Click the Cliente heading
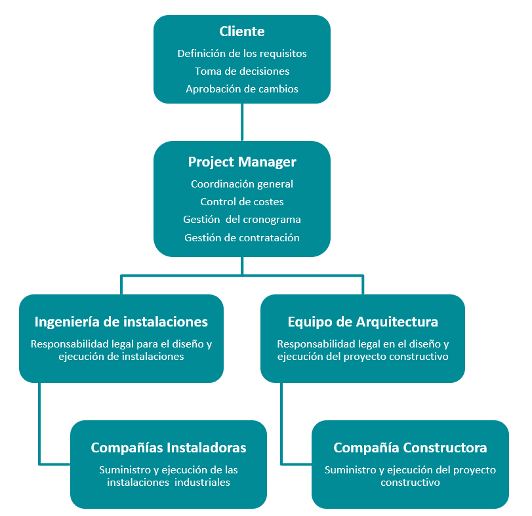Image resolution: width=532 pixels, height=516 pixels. (x=242, y=31)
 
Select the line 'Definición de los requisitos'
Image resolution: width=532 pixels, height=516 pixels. (x=242, y=54)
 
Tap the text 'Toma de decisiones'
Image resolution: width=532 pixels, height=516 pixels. (x=242, y=71)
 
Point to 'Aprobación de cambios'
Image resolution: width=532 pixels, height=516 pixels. (x=242, y=89)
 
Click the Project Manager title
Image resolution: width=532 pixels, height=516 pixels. (x=242, y=162)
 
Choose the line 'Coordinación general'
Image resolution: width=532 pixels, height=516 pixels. (x=242, y=184)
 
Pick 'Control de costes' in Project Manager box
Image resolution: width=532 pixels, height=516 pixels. (x=242, y=202)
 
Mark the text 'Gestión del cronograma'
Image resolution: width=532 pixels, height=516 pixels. (x=242, y=220)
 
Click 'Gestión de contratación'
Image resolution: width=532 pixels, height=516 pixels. (x=242, y=237)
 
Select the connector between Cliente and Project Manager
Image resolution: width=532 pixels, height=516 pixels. (x=242, y=122)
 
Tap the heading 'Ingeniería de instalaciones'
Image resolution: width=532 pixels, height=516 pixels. (x=121, y=322)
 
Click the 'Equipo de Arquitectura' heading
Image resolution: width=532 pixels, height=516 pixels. (x=363, y=322)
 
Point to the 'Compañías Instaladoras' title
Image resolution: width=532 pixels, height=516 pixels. (x=169, y=448)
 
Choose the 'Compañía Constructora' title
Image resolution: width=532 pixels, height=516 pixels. (x=410, y=448)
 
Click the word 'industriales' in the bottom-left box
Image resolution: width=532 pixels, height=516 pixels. (x=202, y=482)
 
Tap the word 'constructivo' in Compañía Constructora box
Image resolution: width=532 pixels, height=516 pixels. (x=410, y=482)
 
